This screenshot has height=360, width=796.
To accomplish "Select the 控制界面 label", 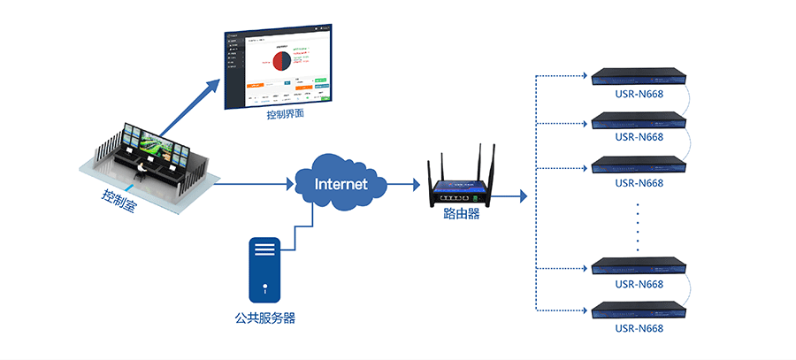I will click(x=285, y=115).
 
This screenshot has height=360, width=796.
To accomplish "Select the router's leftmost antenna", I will click(x=431, y=172).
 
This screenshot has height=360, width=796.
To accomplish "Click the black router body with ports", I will click(x=461, y=193).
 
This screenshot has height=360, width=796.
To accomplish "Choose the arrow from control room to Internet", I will click(x=253, y=185).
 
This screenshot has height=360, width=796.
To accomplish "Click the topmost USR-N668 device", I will click(x=639, y=76).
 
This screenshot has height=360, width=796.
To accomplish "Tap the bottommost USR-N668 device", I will click(x=639, y=310).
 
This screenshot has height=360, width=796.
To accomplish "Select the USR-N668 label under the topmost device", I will click(x=639, y=93).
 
